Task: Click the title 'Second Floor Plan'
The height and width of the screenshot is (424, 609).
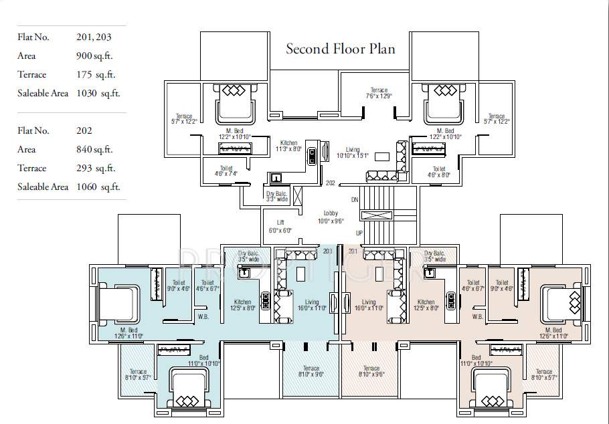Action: pos(340,49)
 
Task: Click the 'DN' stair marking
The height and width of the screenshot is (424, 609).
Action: pos(354,200)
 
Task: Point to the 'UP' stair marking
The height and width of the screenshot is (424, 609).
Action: pos(359,233)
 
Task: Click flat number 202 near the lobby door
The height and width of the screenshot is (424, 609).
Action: pos(330,183)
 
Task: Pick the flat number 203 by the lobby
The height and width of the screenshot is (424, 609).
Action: pos(327,251)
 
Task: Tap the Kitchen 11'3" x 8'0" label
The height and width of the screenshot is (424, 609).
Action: pos(288,146)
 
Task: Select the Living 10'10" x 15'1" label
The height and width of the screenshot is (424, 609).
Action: pos(352,152)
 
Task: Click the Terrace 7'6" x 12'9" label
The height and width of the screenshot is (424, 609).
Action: pos(379,93)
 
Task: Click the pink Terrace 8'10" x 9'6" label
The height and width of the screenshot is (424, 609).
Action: pos(371,371)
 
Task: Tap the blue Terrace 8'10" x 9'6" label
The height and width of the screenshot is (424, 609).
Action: pos(311,371)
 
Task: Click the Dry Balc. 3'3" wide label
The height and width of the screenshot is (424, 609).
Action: pos(276,196)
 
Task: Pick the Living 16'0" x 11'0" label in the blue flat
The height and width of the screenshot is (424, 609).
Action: pos(312,306)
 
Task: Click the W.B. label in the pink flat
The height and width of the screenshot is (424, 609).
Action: pos(477,316)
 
